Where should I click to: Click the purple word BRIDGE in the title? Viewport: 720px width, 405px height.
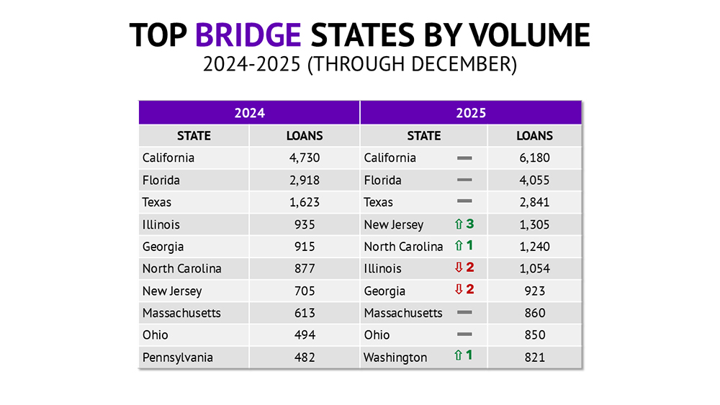(248, 35)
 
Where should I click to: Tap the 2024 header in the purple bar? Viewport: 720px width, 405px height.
(249, 113)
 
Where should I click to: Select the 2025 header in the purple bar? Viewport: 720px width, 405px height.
(471, 113)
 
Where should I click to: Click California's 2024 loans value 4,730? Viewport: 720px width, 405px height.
(305, 158)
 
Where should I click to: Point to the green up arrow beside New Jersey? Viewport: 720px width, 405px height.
(459, 224)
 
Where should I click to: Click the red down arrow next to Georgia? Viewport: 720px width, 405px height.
(459, 291)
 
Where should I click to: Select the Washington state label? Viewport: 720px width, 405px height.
(395, 358)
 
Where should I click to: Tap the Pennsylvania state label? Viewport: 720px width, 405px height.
(178, 358)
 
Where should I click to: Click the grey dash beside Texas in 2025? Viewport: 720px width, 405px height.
(464, 201)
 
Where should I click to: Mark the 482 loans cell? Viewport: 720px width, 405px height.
(305, 358)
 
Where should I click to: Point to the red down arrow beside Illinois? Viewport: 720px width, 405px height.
(459, 268)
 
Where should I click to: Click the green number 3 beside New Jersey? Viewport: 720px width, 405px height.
(470, 224)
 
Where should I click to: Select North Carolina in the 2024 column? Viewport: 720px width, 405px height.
(182, 268)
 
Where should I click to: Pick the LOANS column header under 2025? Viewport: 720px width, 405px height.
(534, 135)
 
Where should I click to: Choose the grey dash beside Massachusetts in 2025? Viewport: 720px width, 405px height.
(464, 313)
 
